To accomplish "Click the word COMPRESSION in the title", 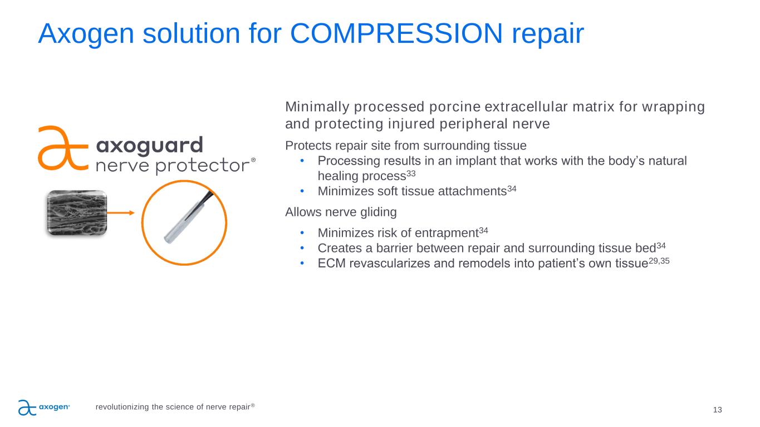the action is (x=396, y=33).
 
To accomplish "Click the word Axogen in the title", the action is (x=86, y=34).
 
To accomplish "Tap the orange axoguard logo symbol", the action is (x=63, y=148).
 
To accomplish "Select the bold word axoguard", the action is (x=150, y=145).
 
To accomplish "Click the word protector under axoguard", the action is (x=203, y=166).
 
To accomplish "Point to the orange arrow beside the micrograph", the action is (x=121, y=213).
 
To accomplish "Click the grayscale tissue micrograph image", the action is (x=77, y=212).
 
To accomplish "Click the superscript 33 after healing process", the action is (x=411, y=173).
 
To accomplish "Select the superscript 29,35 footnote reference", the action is (x=659, y=261).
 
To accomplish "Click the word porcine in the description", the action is (x=455, y=107).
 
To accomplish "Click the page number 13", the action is (x=717, y=410).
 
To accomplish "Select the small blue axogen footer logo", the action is (x=44, y=408).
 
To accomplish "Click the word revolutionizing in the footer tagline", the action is (x=122, y=407).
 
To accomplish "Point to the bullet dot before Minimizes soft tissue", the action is (x=302, y=191).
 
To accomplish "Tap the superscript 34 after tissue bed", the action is (x=661, y=246).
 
